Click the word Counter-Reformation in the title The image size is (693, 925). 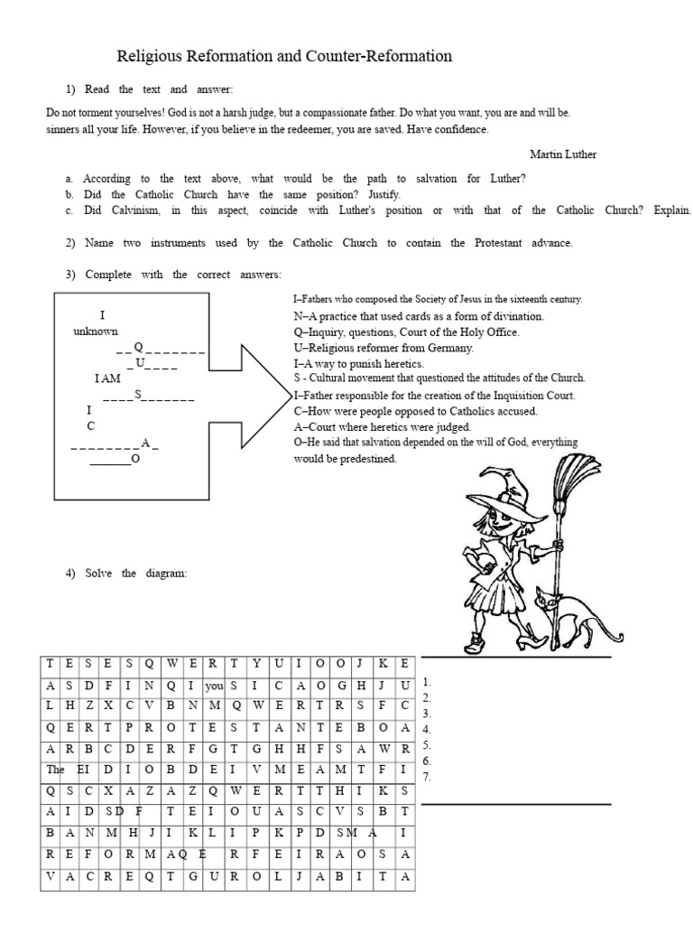(378, 56)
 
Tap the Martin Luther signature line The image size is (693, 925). (563, 154)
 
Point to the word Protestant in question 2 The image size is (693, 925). (498, 243)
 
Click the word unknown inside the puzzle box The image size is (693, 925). (96, 332)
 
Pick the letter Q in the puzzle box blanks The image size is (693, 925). (138, 347)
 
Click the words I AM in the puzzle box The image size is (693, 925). (107, 378)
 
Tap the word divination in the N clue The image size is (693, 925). (520, 316)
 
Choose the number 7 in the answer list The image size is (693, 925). (427, 777)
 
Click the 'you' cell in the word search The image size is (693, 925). (214, 687)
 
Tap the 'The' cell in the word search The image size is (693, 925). (55, 770)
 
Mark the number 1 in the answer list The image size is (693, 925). (427, 682)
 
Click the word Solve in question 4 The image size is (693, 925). (98, 574)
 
